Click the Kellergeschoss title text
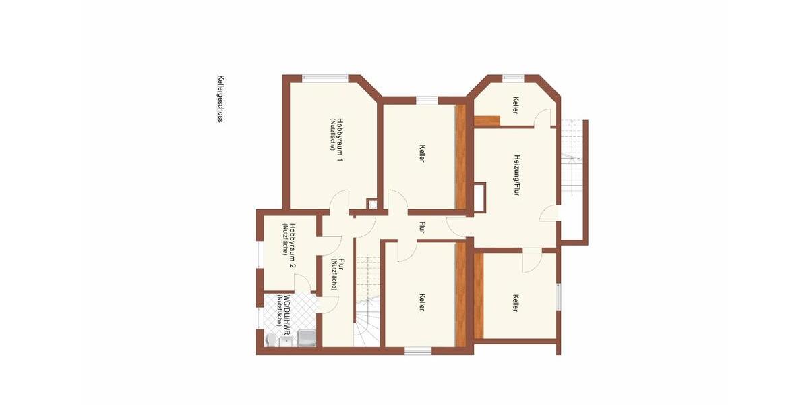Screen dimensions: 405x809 [220, 99]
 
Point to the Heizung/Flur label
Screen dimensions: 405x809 [516, 175]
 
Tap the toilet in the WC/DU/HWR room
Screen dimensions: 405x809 [270, 340]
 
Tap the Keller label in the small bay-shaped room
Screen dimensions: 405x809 [516, 105]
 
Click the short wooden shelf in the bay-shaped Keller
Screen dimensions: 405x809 [487, 121]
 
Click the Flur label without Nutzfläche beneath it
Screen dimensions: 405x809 [423, 227]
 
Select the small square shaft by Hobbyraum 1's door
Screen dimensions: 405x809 [372, 203]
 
